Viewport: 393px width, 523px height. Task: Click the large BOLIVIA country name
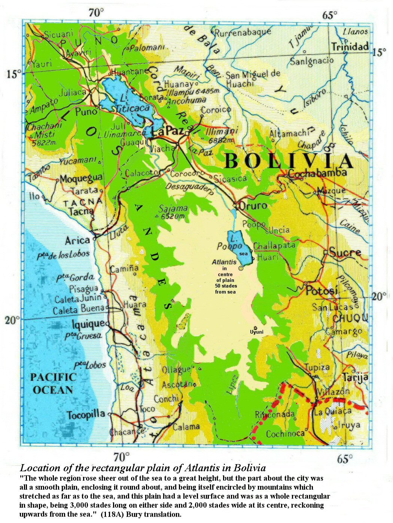pyautogui.click(x=289, y=161)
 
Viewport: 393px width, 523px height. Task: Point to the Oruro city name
pyautogui.click(x=253, y=206)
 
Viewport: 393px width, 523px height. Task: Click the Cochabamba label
pyautogui.click(x=317, y=173)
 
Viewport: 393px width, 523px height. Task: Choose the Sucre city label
pyautogui.click(x=345, y=253)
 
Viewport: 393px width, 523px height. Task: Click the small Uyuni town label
pyautogui.click(x=257, y=332)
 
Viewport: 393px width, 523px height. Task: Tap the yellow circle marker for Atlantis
pyautogui.click(x=241, y=268)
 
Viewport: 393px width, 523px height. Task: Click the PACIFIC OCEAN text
pyautogui.click(x=53, y=384)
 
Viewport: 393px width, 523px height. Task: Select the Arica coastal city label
pyautogui.click(x=77, y=240)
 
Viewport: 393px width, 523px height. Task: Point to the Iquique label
pyautogui.click(x=88, y=324)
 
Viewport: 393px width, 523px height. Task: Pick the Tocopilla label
pyautogui.click(x=86, y=415)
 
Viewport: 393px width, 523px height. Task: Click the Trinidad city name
pyautogui.click(x=350, y=46)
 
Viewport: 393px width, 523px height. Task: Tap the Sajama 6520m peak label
pyautogui.click(x=173, y=212)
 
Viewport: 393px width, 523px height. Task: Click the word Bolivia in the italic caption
pyautogui.click(x=250, y=468)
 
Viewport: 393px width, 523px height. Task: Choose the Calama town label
pyautogui.click(x=186, y=427)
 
